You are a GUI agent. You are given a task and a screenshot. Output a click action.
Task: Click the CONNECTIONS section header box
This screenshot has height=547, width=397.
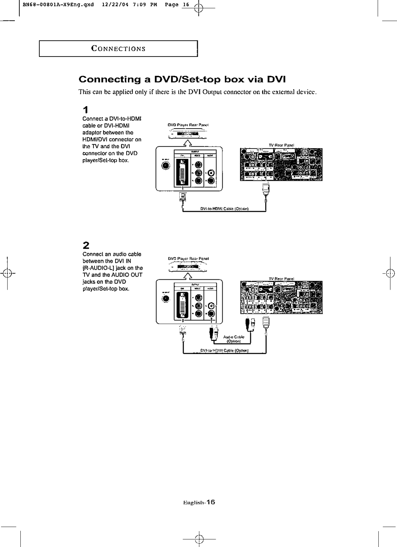point(118,49)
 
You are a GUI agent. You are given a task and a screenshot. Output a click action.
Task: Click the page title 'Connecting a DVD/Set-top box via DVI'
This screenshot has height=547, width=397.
point(182,80)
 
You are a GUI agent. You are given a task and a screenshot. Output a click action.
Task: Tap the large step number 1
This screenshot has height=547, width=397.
point(85,110)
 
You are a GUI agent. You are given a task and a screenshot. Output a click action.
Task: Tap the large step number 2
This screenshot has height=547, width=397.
point(86,245)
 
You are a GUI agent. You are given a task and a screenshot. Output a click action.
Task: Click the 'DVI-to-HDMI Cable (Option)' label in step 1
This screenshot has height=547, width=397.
point(224,209)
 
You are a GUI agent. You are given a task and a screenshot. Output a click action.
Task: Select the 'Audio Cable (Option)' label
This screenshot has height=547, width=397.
point(234,339)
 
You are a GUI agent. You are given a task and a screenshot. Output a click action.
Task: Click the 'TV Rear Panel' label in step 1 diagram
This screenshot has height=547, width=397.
point(281,145)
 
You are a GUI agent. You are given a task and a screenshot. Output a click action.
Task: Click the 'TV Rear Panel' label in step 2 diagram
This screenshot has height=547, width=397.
point(281,279)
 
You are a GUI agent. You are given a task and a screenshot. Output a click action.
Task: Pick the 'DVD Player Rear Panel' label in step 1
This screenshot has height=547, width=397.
point(189,125)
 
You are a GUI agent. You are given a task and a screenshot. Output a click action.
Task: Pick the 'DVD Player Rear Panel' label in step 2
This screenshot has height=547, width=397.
point(189,258)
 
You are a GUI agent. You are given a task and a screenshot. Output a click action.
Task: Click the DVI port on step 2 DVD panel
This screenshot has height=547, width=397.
point(183,305)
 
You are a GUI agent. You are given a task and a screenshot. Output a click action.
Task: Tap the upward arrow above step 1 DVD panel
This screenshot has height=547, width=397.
point(187,142)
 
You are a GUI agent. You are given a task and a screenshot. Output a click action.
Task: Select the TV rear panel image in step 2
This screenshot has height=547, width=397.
point(281,297)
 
